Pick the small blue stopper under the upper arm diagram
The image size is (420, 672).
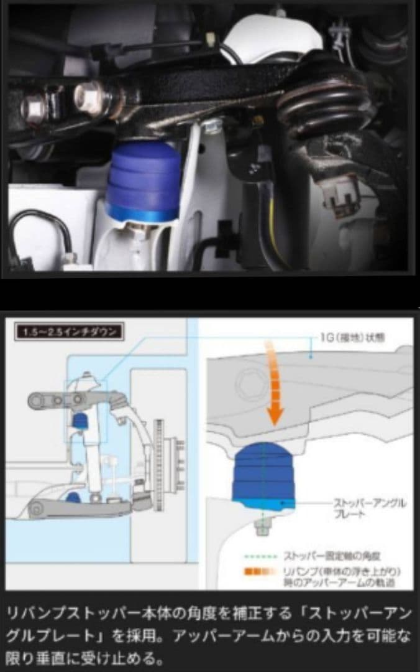click(x=79, y=421)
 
